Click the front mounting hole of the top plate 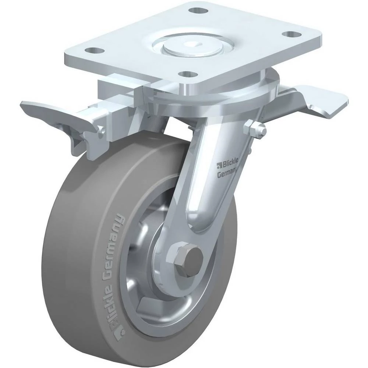[188, 74]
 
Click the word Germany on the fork [227, 173]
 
